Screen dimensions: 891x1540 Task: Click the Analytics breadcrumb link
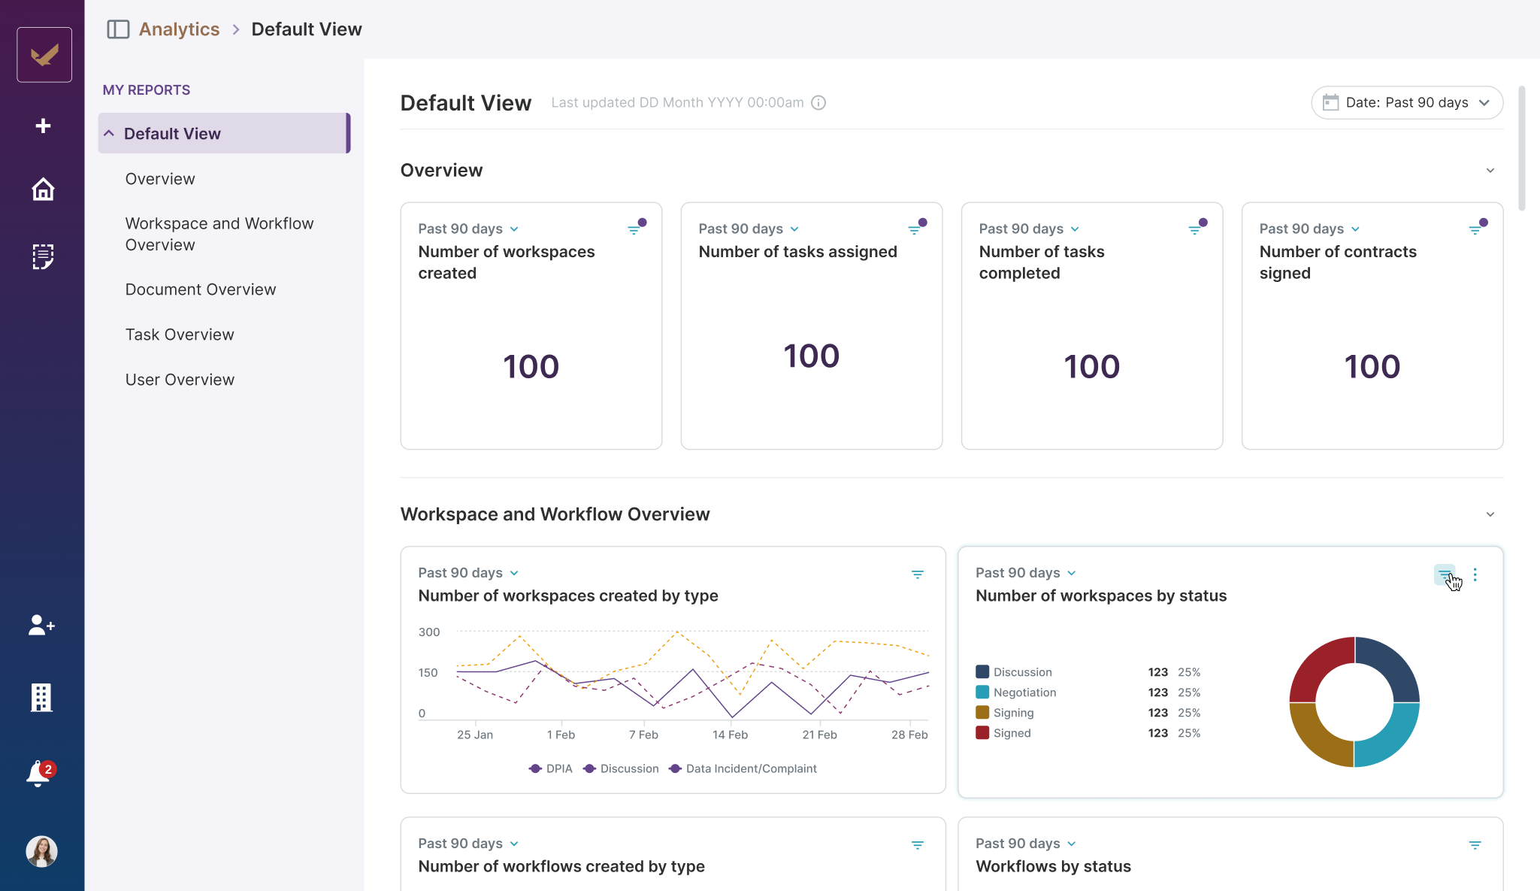tap(179, 29)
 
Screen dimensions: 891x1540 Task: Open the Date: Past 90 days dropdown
tap(1406, 102)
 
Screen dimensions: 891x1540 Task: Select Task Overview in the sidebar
tap(180, 335)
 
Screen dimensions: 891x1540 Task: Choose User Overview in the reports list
tap(180, 380)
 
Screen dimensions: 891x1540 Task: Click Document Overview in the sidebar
tap(201, 289)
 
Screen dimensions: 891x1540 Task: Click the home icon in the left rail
tap(43, 189)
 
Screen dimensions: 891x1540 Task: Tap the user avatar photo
tap(42, 851)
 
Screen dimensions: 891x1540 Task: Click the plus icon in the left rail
tap(43, 126)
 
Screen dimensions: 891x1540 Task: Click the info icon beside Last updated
tap(818, 103)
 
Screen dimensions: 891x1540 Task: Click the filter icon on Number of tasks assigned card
tap(915, 229)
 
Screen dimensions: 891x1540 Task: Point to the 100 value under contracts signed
tap(1372, 367)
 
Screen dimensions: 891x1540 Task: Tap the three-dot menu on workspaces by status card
tap(1475, 574)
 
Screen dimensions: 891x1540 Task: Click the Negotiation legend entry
tap(1024, 692)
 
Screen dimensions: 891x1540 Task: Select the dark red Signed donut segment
tap(1318, 665)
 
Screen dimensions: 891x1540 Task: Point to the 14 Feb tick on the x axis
tap(730, 735)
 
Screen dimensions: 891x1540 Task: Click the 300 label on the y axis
tap(429, 632)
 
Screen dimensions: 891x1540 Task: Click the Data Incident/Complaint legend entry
tap(750, 768)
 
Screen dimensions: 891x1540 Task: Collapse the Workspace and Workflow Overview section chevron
tap(1490, 514)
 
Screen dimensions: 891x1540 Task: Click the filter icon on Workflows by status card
tap(1475, 845)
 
